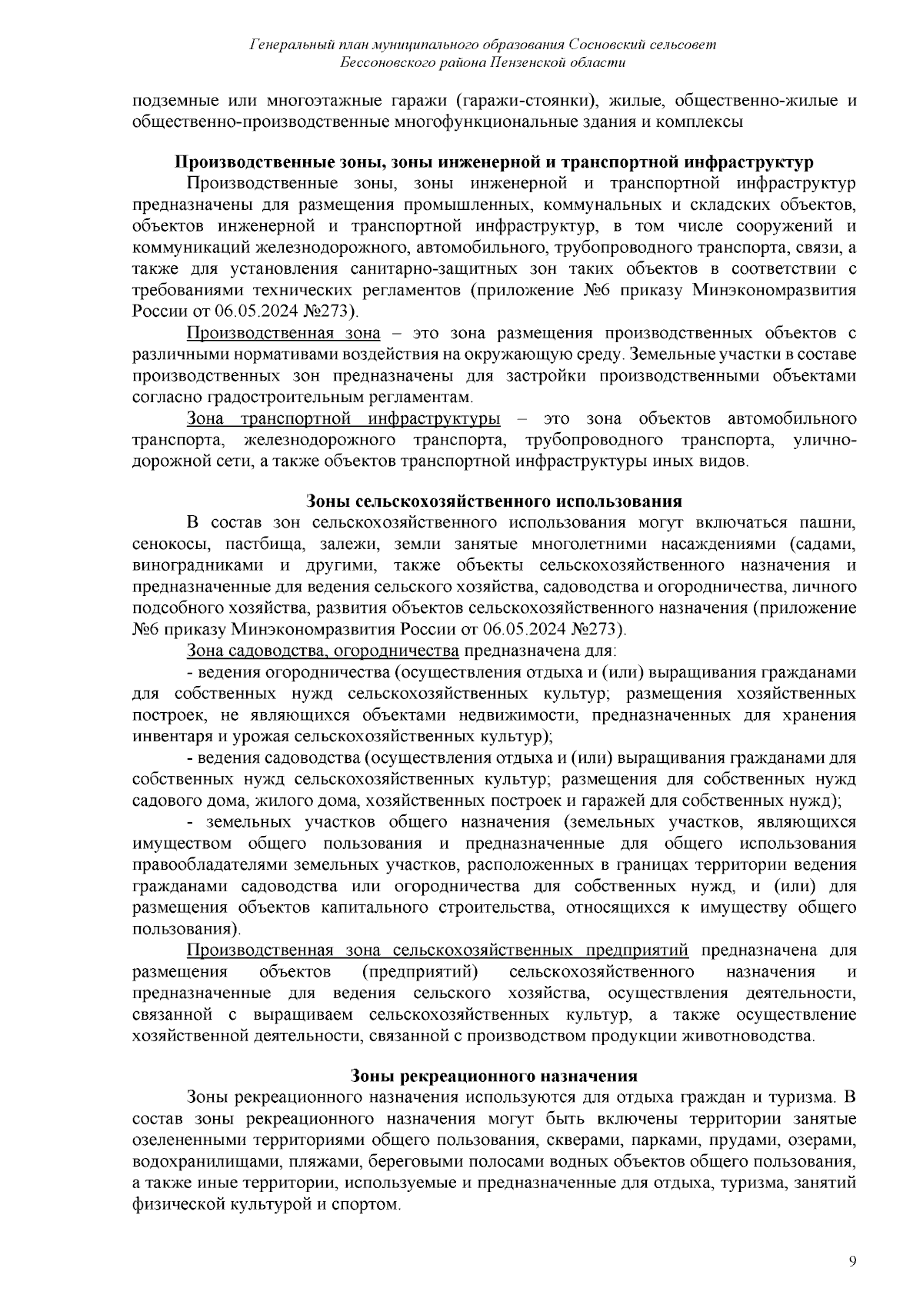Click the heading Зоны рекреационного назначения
[494, 1075]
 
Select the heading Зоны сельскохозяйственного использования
[494, 501]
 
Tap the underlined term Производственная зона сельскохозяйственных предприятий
[437, 950]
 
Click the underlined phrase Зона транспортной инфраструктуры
[343, 419]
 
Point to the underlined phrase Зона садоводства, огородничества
[323, 651]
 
